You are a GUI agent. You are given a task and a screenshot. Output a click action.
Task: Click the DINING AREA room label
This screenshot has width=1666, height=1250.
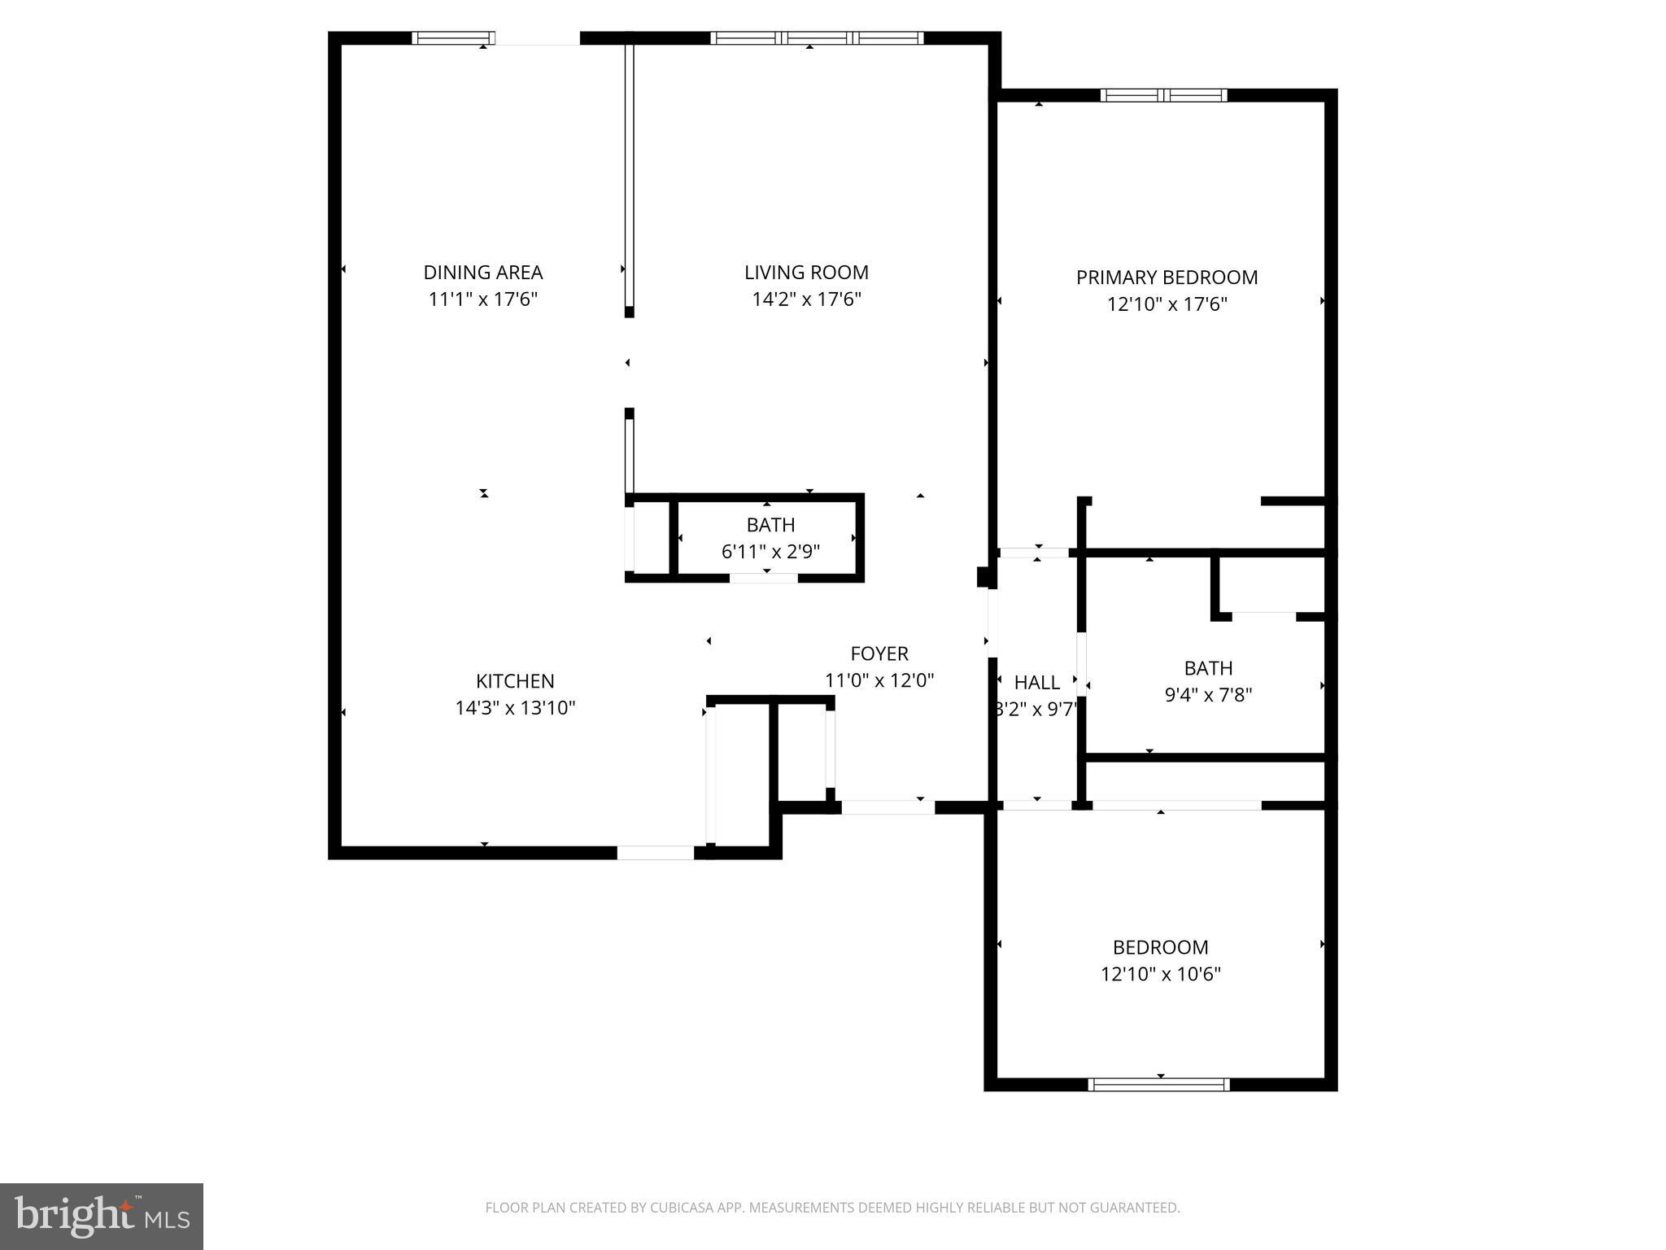482,273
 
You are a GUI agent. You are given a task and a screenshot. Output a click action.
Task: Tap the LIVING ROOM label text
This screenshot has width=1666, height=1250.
806,273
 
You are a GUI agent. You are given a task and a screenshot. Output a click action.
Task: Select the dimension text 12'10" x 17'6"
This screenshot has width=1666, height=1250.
1167,304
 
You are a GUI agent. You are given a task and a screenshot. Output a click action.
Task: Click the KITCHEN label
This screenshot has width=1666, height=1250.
515,681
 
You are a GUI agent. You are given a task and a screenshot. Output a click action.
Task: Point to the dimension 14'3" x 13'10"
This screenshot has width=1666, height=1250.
515,708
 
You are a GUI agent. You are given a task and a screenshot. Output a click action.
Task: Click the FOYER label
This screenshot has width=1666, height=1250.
879,653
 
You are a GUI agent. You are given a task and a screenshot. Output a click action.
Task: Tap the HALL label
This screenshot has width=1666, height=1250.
1036,683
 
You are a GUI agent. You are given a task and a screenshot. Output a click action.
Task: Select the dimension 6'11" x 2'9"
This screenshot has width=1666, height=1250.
770,552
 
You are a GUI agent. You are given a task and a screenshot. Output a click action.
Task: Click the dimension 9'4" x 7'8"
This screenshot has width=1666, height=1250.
1208,695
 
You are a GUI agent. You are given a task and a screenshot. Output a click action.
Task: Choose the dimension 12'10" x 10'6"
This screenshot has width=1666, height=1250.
1161,974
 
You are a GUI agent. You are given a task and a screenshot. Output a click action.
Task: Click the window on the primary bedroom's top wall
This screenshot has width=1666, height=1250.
1163,95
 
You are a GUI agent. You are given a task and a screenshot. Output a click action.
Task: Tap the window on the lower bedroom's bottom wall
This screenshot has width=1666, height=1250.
1158,1084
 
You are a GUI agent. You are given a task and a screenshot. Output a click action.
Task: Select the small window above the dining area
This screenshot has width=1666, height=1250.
452,37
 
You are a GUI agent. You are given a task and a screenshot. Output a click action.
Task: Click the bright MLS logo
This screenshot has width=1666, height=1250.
102,1216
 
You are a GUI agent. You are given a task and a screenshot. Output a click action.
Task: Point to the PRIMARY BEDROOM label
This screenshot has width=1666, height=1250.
1167,278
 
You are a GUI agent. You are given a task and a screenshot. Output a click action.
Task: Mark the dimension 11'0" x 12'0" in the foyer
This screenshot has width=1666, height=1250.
879,680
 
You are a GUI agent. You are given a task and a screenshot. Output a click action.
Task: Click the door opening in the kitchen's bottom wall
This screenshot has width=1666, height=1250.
655,852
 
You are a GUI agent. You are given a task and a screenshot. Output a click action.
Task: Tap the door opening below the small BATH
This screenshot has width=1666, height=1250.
763,578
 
